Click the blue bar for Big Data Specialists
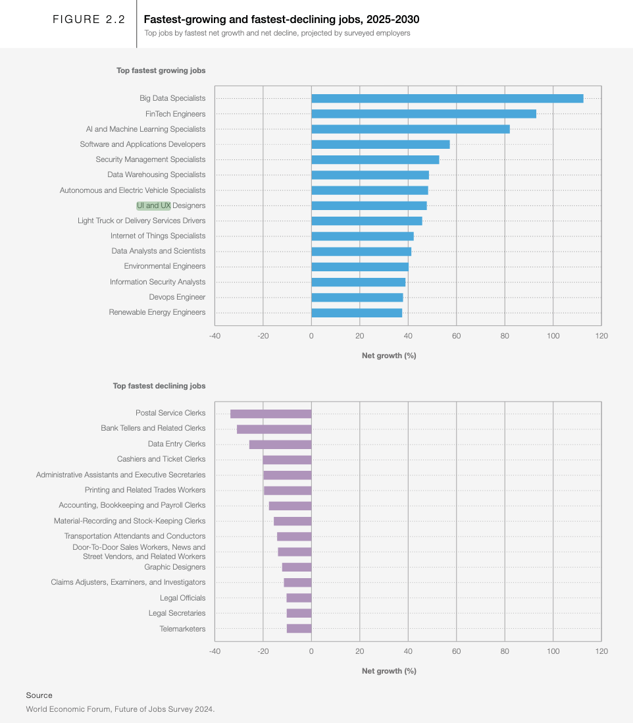tap(447, 98)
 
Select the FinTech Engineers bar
tap(424, 114)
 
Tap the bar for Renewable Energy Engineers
tap(357, 313)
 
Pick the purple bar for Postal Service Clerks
tap(271, 414)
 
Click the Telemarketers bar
tap(299, 628)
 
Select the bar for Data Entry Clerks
tap(280, 444)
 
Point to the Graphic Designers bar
tap(297, 567)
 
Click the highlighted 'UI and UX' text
tap(154, 205)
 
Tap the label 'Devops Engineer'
tap(178, 297)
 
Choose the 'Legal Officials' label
tap(183, 598)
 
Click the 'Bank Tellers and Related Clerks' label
tap(153, 429)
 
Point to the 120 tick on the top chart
tap(601, 336)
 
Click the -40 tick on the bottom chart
tap(215, 651)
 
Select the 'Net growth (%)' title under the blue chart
tap(390, 356)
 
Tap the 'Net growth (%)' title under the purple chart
tap(390, 671)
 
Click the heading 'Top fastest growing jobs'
tap(161, 70)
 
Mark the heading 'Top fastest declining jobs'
tap(159, 386)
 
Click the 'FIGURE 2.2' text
tap(89, 19)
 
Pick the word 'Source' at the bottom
tap(39, 695)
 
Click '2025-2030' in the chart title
tap(393, 19)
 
